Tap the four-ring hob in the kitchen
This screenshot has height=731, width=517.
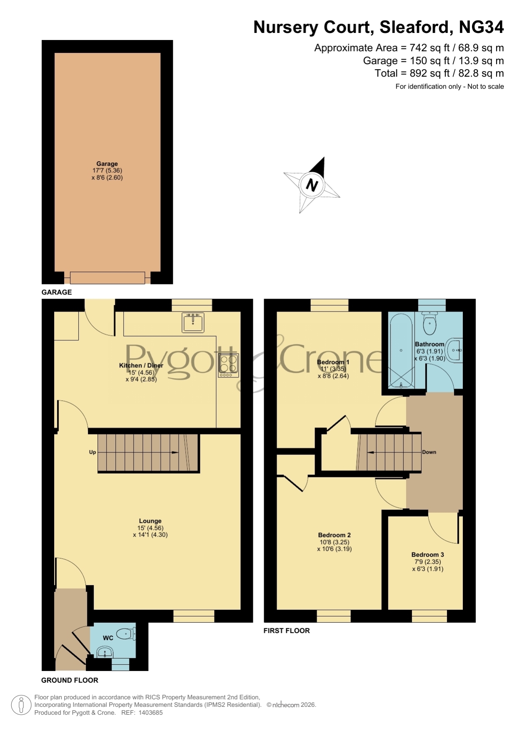click(x=228, y=366)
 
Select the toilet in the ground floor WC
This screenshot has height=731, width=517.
click(x=126, y=634)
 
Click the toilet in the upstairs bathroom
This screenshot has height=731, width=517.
click(x=430, y=323)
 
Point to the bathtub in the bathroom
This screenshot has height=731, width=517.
click(x=401, y=350)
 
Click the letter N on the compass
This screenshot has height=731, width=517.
click(x=312, y=184)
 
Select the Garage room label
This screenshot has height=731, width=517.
click(x=107, y=164)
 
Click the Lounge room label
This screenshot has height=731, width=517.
click(x=150, y=521)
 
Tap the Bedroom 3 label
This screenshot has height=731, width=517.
click(x=427, y=555)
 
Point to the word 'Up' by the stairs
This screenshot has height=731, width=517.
click(x=92, y=452)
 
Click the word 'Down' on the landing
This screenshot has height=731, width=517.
click(x=429, y=452)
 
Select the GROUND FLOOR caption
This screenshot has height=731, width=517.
click(x=70, y=680)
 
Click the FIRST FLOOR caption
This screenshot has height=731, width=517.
click(x=287, y=631)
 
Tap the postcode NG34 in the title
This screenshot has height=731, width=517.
click(x=481, y=27)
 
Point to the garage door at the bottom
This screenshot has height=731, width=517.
click(x=107, y=278)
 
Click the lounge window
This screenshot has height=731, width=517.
click(x=194, y=616)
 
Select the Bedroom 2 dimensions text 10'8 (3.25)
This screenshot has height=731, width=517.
click(x=335, y=542)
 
